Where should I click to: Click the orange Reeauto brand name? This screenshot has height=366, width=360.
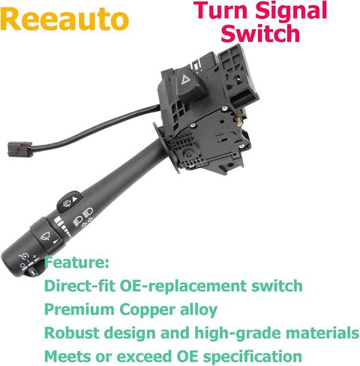click(x=64, y=19)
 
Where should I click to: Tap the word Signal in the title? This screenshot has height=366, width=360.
click(x=291, y=12)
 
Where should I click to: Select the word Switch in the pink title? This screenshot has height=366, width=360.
click(x=260, y=34)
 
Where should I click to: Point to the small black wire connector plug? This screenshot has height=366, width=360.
click(x=20, y=149)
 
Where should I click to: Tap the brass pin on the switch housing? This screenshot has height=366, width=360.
click(x=239, y=121)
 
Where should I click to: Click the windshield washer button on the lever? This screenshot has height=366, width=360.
click(x=69, y=202)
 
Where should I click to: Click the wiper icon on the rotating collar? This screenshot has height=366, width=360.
click(x=46, y=235)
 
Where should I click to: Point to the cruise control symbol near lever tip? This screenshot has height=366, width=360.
click(x=25, y=256)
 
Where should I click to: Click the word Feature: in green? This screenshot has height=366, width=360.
click(x=76, y=262)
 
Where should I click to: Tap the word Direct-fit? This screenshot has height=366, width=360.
click(x=79, y=286)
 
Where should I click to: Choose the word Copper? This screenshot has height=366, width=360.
click(x=147, y=310)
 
